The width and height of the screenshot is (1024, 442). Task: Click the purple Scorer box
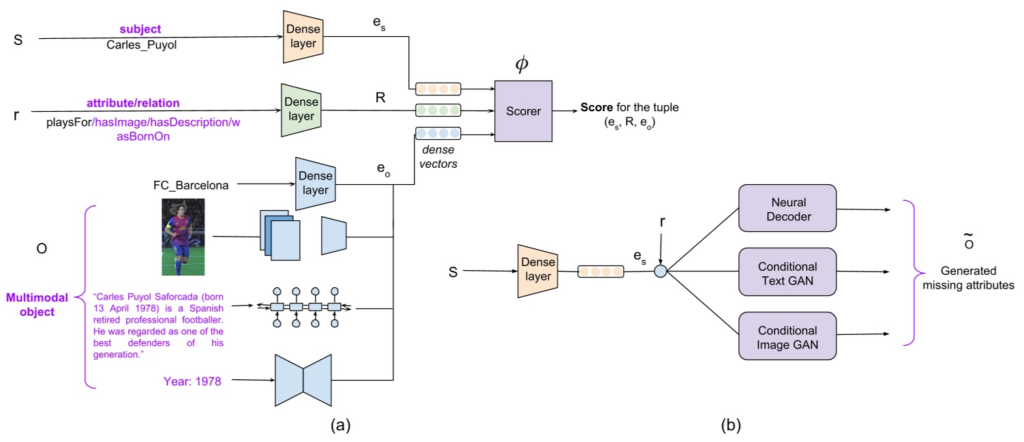pyautogui.click(x=523, y=110)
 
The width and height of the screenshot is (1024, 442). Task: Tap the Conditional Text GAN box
pyautogui.click(x=787, y=271)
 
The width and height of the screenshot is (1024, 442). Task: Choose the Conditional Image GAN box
pyautogui.click(x=787, y=336)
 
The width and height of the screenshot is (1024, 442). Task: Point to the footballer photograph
pyautogui.click(x=183, y=237)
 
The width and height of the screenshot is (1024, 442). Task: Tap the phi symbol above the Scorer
pyautogui.click(x=522, y=64)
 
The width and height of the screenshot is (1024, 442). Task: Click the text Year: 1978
pyautogui.click(x=192, y=381)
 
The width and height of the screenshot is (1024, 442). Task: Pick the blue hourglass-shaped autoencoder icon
pyautogui.click(x=303, y=379)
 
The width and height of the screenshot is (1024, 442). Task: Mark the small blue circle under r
pyautogui.click(x=660, y=271)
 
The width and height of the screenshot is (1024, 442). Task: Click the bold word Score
pyautogui.click(x=597, y=108)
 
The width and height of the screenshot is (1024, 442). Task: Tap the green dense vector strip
pyautogui.click(x=438, y=109)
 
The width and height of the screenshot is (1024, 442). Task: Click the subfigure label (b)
pyautogui.click(x=730, y=426)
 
